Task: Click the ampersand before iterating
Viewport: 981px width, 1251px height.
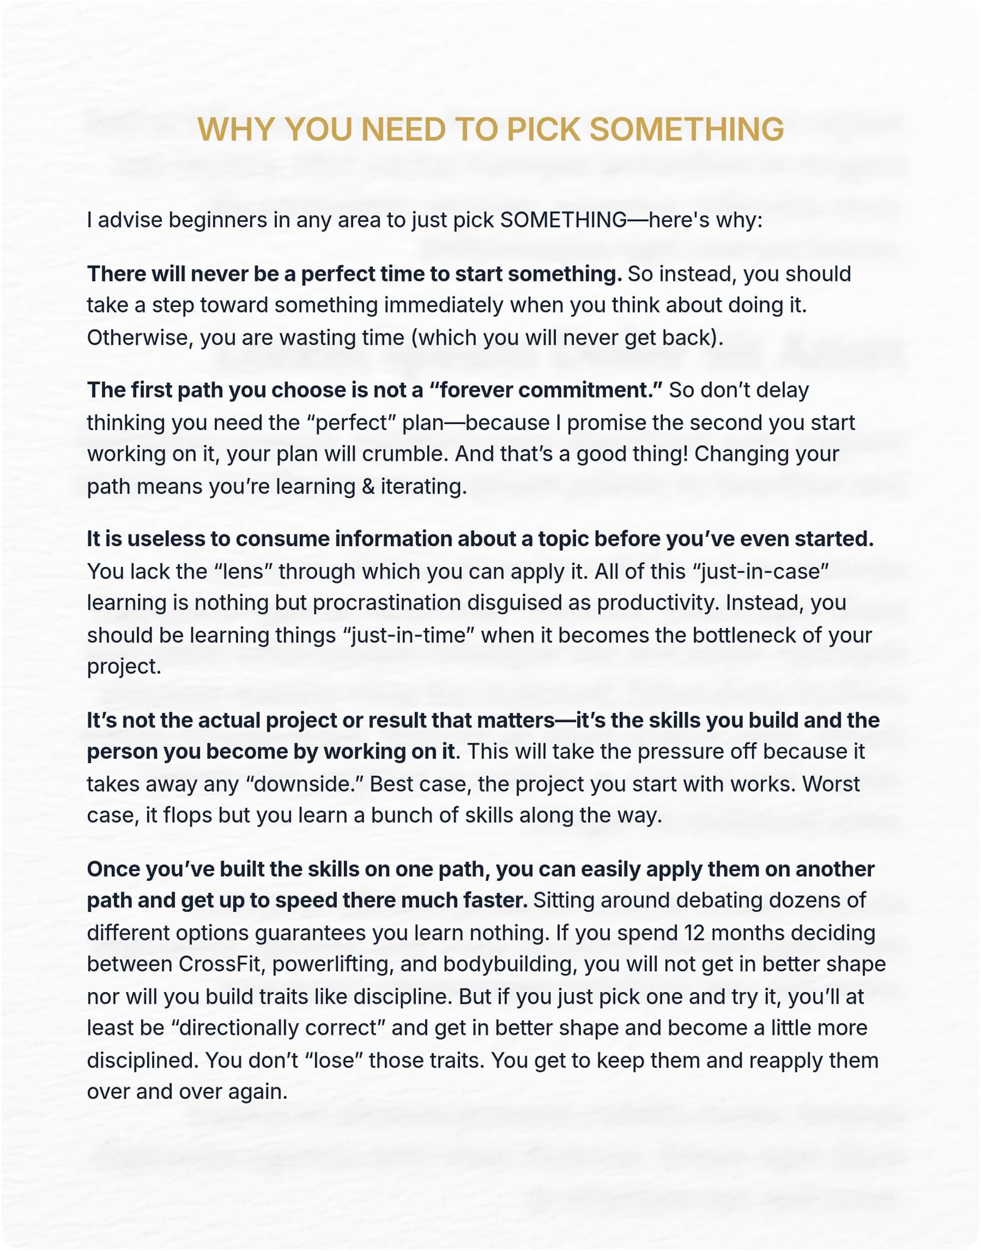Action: click(x=368, y=486)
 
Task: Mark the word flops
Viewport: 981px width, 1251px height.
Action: click(x=184, y=815)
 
